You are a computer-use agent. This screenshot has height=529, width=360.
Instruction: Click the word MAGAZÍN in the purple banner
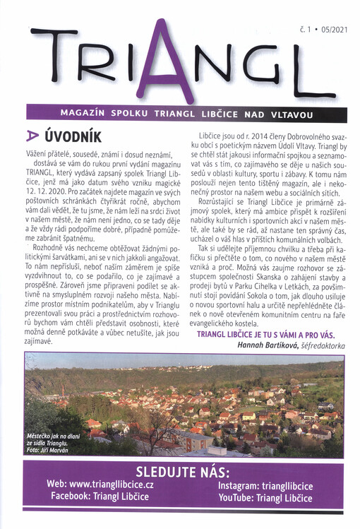coord(85,112)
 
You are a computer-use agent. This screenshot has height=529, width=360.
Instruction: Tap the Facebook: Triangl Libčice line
coord(102,497)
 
